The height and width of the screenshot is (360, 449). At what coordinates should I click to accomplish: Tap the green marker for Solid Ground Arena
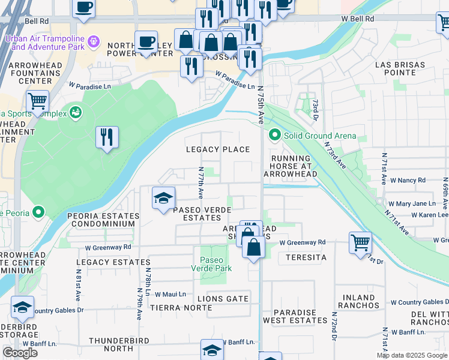[x=275, y=135]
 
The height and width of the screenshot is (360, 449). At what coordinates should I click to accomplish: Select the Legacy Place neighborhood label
[x=217, y=149]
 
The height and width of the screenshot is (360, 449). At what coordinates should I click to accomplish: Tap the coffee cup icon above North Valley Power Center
[x=146, y=41]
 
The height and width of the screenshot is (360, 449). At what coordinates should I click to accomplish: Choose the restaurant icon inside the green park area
[x=107, y=137]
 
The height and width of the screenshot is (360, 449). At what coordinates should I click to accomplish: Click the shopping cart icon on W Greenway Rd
[x=360, y=242]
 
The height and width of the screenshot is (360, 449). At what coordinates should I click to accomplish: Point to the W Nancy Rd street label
[x=408, y=180]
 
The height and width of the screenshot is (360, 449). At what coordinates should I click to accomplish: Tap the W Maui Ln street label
[x=171, y=294]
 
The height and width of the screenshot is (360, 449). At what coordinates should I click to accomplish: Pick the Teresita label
[x=306, y=257]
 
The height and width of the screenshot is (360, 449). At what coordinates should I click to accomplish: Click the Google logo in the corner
[x=20, y=353]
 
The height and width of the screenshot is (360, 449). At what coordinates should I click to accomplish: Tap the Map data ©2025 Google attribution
[x=412, y=355]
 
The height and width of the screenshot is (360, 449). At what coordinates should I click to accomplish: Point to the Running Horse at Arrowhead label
[x=294, y=166]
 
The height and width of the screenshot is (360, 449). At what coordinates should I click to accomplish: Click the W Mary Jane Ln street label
[x=411, y=204]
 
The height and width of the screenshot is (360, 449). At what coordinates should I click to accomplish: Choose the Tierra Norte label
[x=174, y=307]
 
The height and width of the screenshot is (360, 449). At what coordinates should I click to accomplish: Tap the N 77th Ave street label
[x=200, y=184]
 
